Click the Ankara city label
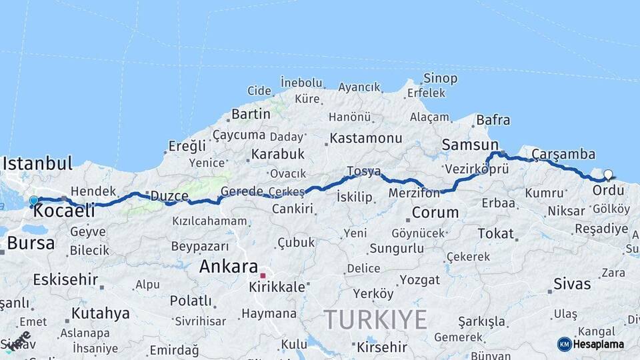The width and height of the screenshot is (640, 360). [x=229, y=267]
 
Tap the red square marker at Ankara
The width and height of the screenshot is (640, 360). [x=263, y=275]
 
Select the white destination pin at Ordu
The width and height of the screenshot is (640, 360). [x=608, y=175]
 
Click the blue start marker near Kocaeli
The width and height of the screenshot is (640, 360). [x=33, y=200]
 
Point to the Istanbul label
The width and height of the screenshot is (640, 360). [x=37, y=163]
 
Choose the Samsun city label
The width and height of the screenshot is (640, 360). [x=470, y=145]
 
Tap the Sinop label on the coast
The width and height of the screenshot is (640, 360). [x=441, y=79]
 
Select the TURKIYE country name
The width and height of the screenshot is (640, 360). [x=375, y=320]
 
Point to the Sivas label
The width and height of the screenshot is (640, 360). [x=572, y=284]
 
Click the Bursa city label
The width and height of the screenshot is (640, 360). [x=31, y=243]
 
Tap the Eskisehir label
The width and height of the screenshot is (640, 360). [x=65, y=279]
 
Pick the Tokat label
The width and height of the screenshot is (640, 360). [x=495, y=233]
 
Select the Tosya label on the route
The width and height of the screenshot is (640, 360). [x=363, y=171]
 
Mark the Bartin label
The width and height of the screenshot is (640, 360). [x=251, y=114]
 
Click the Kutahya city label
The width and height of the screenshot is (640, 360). [x=101, y=313]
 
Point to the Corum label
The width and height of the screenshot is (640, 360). [x=435, y=213]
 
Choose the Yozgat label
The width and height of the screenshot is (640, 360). [x=420, y=280]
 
